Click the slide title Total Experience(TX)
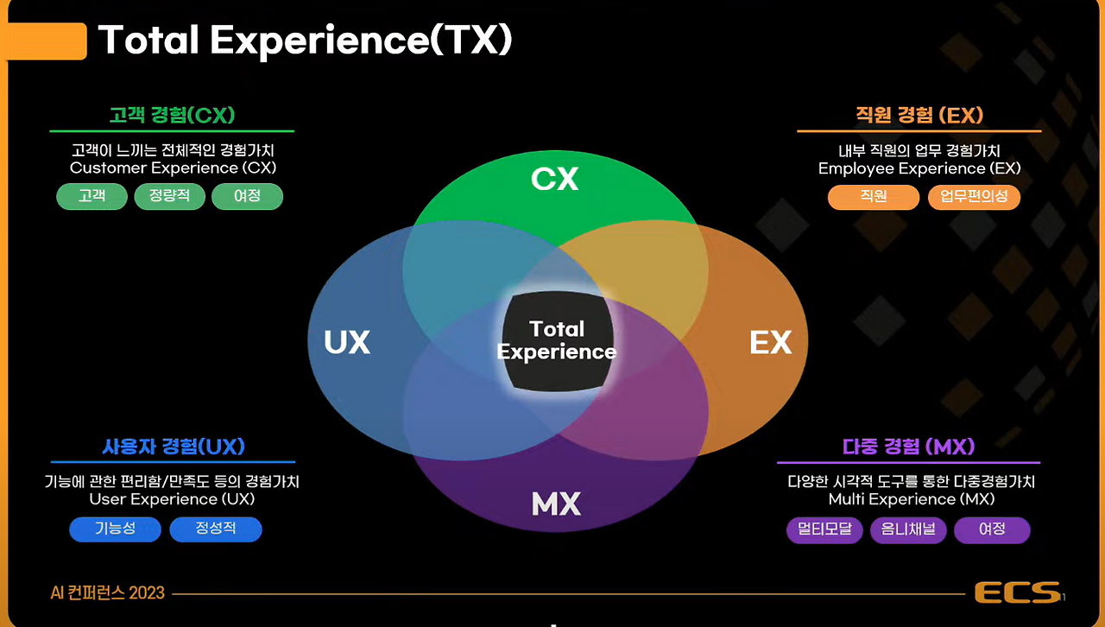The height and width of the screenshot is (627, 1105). [305, 41]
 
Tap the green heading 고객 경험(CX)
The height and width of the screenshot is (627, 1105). [172, 115]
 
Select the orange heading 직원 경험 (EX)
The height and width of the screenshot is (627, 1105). [919, 115]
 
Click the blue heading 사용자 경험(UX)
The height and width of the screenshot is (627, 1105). [173, 446]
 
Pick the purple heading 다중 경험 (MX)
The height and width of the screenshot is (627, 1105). [908, 446]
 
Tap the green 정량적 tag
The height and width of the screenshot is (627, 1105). [169, 196]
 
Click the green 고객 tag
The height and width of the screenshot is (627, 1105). [92, 196]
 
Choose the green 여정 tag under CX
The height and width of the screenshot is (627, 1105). [247, 196]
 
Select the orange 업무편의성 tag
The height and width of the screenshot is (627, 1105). [974, 197]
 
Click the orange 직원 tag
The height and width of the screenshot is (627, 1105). [873, 197]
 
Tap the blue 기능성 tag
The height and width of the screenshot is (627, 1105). [115, 529]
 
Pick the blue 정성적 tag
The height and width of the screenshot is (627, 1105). [215, 529]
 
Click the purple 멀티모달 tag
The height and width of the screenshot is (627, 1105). [824, 529]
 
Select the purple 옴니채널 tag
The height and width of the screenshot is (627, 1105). [908, 529]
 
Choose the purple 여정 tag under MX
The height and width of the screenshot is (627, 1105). [992, 529]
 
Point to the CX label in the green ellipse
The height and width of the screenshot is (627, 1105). [554, 179]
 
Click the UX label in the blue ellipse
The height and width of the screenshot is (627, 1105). [347, 343]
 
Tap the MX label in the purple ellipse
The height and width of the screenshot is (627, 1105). [556, 503]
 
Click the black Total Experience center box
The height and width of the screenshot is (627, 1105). [558, 340]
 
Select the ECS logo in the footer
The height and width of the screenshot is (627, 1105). [1017, 592]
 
